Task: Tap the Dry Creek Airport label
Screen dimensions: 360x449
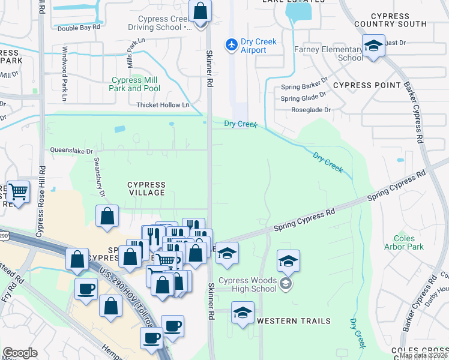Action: point(253,46)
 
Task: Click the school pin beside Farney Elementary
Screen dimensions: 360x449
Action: point(373,46)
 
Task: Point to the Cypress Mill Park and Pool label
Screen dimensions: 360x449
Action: point(134,84)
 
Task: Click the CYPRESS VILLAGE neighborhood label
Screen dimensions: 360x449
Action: point(146,188)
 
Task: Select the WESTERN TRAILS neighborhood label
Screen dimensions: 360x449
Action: point(294,321)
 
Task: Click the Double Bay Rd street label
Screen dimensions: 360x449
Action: point(79,28)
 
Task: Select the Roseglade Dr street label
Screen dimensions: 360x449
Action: point(310,110)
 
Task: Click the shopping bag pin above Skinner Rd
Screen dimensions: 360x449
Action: point(200,11)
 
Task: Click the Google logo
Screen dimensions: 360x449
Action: point(20,353)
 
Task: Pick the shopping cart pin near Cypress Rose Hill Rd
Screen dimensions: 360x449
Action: point(18,192)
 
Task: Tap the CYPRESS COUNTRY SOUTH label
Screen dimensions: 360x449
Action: point(399,20)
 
